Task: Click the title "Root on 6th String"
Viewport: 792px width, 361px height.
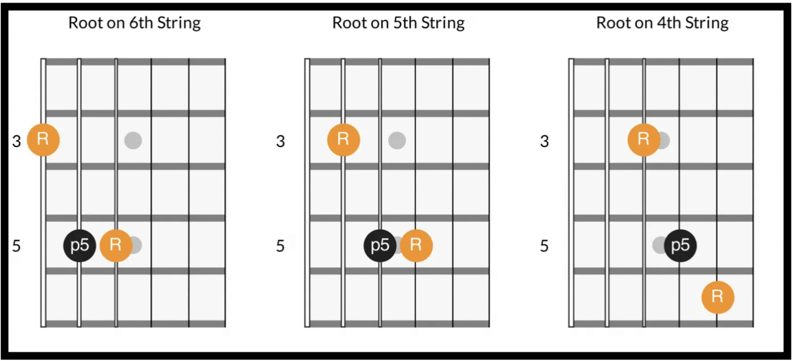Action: click(x=135, y=23)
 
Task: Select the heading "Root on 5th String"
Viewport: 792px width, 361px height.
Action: click(x=398, y=23)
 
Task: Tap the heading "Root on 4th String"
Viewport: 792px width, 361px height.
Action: click(x=662, y=23)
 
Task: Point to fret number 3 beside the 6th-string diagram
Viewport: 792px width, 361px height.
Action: click(x=16, y=140)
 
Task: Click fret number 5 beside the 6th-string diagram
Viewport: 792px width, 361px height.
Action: click(x=16, y=246)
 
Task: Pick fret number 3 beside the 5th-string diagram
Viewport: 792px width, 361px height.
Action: click(x=280, y=140)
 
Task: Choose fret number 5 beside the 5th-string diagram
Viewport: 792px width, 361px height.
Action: click(x=280, y=246)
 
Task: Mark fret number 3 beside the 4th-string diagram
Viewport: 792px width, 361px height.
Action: click(x=544, y=140)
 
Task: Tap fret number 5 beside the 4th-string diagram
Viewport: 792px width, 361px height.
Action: click(x=544, y=246)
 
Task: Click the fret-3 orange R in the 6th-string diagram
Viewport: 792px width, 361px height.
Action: click(x=43, y=139)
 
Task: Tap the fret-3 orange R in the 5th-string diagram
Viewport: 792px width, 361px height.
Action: click(x=343, y=139)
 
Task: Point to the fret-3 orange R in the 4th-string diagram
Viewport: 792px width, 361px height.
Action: click(x=643, y=139)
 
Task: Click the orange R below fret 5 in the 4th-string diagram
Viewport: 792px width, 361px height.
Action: click(x=717, y=297)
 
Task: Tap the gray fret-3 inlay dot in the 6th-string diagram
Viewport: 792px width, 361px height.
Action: click(x=133, y=139)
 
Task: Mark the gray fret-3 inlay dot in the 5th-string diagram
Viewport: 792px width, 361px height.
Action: click(x=397, y=139)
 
